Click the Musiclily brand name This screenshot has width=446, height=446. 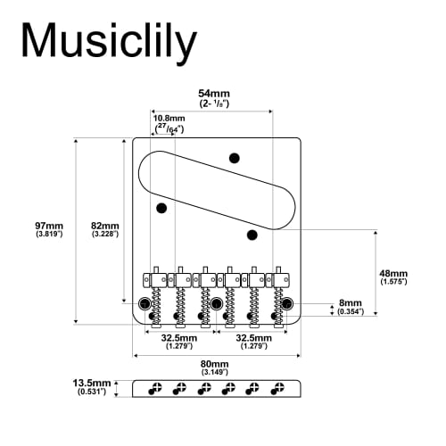point(108,40)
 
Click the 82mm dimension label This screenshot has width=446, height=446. point(104,226)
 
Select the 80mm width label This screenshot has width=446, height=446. point(214,364)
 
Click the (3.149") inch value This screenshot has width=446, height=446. point(214,374)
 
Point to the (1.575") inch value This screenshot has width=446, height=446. point(392,283)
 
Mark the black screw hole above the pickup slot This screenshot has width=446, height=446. point(235,158)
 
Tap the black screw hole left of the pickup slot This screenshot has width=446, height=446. point(161,209)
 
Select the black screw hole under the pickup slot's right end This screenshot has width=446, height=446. point(252,235)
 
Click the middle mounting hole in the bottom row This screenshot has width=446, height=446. point(216,304)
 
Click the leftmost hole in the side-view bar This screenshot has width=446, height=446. point(154,389)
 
